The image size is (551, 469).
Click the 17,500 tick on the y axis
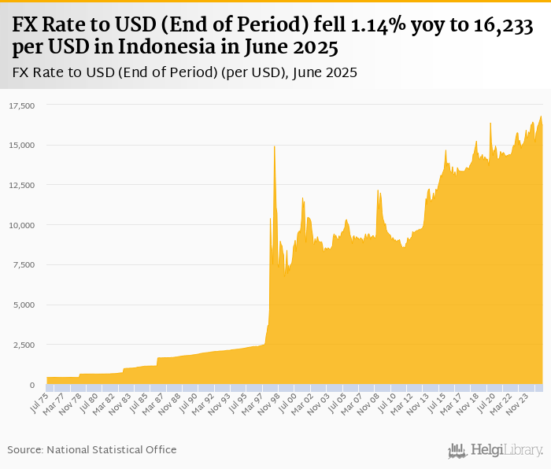22,105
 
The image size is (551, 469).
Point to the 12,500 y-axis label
22,185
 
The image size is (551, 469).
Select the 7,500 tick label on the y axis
24,265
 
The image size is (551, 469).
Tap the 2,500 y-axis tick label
24,345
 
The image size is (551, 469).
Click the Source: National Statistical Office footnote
92,449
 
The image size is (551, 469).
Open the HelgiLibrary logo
496,450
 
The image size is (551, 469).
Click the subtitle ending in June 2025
185,73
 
